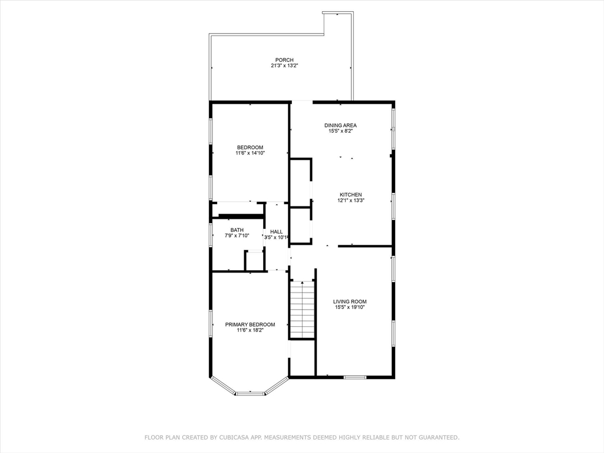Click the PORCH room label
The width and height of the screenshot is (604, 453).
(x=284, y=60)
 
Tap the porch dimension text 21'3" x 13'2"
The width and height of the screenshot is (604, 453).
(x=284, y=66)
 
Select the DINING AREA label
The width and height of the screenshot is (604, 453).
(x=340, y=125)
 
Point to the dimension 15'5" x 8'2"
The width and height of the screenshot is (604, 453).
(x=340, y=131)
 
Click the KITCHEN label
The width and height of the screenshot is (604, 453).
(x=350, y=195)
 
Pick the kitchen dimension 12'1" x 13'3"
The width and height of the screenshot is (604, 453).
(x=350, y=201)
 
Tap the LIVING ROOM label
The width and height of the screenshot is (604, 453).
(x=350, y=301)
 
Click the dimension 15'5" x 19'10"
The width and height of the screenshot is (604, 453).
(x=350, y=307)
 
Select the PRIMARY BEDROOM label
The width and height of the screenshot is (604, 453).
(x=250, y=324)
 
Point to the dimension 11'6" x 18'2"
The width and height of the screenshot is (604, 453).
(x=250, y=330)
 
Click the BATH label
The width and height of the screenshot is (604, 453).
(x=237, y=230)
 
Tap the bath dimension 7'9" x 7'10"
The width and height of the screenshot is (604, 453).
(x=237, y=236)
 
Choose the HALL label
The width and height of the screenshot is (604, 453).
(x=277, y=232)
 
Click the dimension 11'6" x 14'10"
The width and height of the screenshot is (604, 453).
(x=250, y=153)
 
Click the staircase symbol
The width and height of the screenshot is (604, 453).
(x=303, y=309)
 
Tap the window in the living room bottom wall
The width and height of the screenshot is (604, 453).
(x=355, y=377)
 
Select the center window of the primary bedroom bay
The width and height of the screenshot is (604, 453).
(x=250, y=393)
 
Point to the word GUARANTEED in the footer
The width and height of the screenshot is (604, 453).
(x=437, y=438)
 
